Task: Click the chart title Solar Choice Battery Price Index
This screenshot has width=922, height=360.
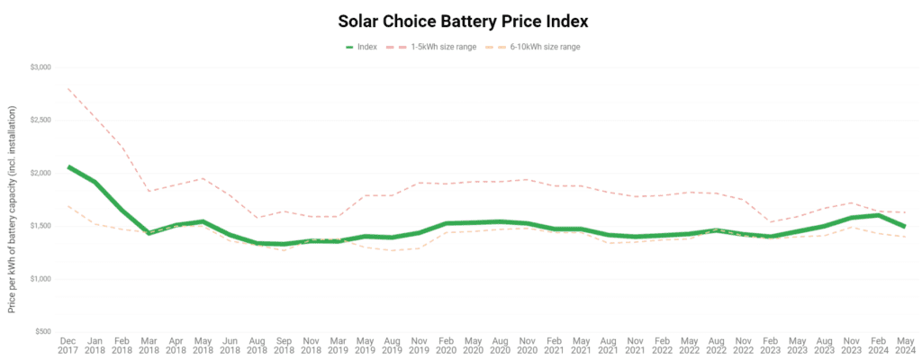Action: point(461,19)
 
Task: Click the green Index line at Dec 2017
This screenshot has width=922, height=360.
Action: point(68,166)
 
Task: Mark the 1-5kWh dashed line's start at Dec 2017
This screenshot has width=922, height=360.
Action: point(68,88)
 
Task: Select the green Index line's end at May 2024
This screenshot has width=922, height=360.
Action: point(904,226)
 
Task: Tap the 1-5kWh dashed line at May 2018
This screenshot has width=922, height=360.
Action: point(204,178)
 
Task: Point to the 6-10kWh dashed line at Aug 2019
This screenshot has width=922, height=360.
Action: point(393,250)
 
